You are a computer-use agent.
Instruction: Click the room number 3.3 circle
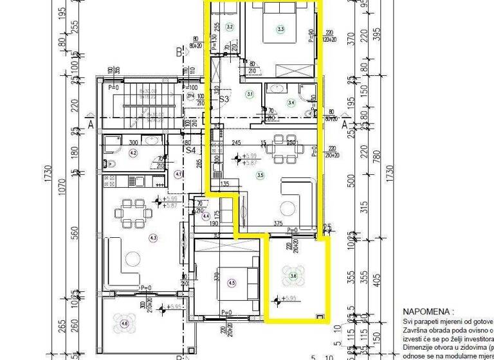pyautogui.click(x=280, y=29)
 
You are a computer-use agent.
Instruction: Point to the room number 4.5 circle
pyautogui.click(x=232, y=282)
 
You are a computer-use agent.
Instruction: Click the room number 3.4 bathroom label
pyautogui.click(x=291, y=102)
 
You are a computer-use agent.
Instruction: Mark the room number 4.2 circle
pyautogui.click(x=133, y=153)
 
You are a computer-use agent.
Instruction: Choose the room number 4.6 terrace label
pyautogui.click(x=124, y=323)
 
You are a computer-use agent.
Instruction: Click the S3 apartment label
pyautogui.click(x=224, y=100)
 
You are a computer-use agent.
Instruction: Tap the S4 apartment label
pyautogui.click(x=190, y=150)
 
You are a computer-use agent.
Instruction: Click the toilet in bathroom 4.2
pyautogui.click(x=109, y=163)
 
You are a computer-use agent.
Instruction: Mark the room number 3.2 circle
pyautogui.click(x=230, y=27)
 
